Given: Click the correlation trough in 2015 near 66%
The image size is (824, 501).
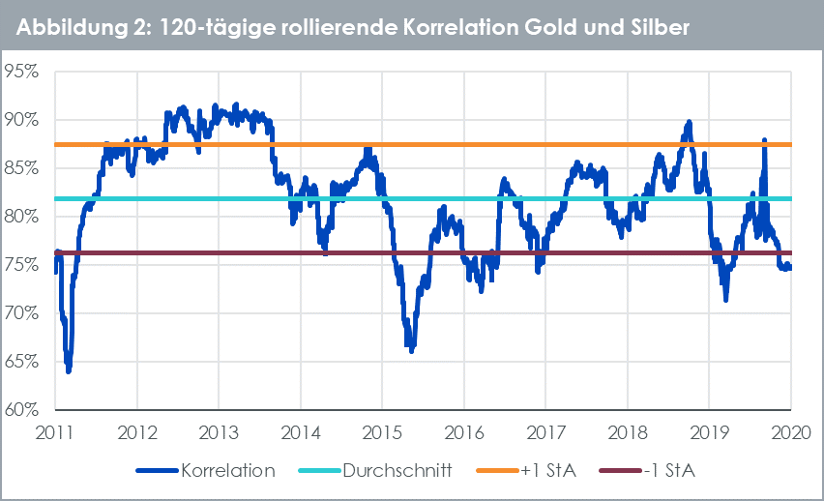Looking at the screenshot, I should tap(411, 350).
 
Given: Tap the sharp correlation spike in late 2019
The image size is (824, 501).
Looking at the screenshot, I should tap(764, 141).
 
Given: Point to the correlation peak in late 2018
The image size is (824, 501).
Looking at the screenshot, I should tap(689, 123).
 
